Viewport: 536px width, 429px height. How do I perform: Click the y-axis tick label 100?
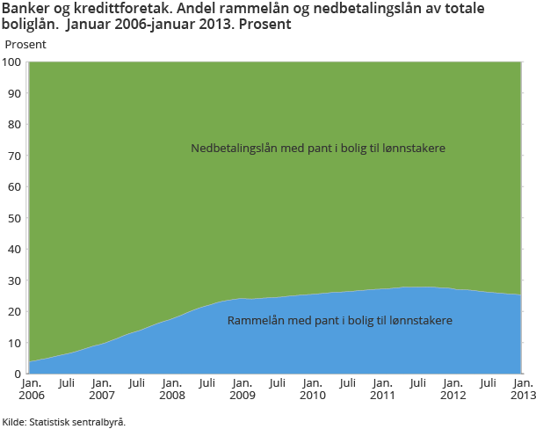pyautogui.click(x=12, y=62)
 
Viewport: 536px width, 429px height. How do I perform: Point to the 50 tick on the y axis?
pyautogui.click(x=15, y=218)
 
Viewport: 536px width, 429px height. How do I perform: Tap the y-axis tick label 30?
pyautogui.click(x=15, y=280)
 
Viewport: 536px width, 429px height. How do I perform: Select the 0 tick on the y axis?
pyautogui.click(x=18, y=374)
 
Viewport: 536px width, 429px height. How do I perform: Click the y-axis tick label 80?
pyautogui.click(x=15, y=125)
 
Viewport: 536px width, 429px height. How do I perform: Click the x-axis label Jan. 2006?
pyautogui.click(x=31, y=389)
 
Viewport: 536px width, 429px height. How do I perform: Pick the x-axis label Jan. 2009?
pyautogui.click(x=242, y=389)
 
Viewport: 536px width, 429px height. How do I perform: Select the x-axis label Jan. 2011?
pyautogui.click(x=382, y=389)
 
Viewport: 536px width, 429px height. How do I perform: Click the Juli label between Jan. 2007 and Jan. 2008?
pyautogui.click(x=136, y=383)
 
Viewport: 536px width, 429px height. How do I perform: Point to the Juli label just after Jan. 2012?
pyautogui.click(x=488, y=383)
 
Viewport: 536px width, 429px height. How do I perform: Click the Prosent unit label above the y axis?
pyautogui.click(x=26, y=43)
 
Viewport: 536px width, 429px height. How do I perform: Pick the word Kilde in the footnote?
pyautogui.click(x=13, y=421)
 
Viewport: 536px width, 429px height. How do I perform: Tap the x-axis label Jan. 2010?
pyautogui.click(x=312, y=389)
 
